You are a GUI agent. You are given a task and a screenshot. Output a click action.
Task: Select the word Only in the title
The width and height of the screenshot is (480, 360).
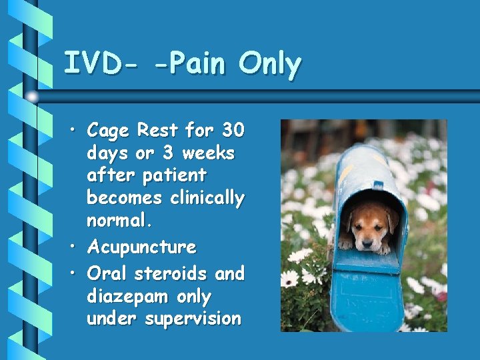coord(270,64)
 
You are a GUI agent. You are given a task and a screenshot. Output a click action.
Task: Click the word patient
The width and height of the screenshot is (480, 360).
coord(175,175)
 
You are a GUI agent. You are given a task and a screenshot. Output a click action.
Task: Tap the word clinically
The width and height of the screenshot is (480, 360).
coord(207,198)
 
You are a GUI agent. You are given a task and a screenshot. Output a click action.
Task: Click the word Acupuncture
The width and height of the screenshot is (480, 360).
coord(142,247)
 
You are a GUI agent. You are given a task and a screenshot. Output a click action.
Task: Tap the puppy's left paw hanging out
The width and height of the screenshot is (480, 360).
coord(347,244)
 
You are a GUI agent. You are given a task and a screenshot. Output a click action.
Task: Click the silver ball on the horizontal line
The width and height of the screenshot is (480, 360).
coord(32,97)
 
